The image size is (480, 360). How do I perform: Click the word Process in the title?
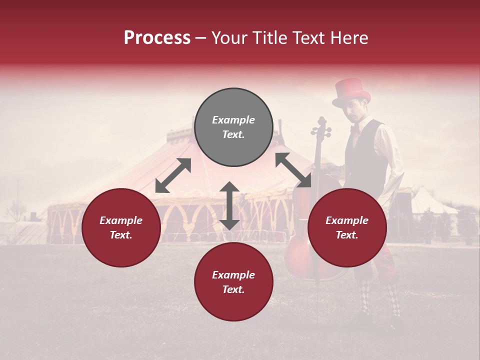point(157,38)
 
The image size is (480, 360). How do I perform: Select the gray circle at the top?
point(233,127)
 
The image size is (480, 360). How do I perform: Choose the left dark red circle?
point(121,227)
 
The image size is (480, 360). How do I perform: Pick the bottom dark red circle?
point(233,282)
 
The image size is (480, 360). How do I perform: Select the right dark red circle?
point(347,227)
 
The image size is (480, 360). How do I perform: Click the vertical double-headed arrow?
point(229,205)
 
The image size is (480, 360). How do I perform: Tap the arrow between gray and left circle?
point(173,175)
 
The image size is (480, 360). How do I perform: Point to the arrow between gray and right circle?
point(293,169)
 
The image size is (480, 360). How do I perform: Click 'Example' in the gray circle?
point(233,120)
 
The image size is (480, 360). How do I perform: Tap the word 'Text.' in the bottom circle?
point(233,289)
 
